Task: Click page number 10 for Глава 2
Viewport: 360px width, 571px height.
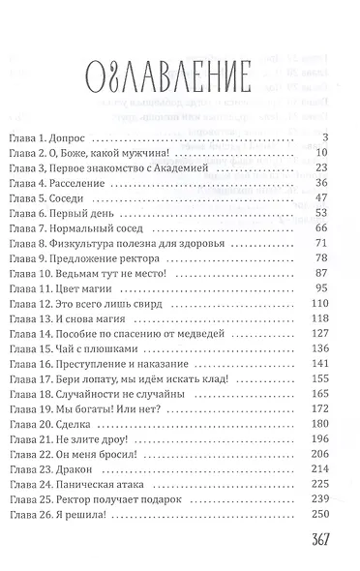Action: [324, 152]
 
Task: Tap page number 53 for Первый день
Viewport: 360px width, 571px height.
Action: [324, 212]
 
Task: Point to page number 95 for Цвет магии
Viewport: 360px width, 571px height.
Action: [324, 287]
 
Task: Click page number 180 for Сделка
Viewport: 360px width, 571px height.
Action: [321, 422]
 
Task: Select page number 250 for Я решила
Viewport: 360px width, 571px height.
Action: [321, 513]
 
